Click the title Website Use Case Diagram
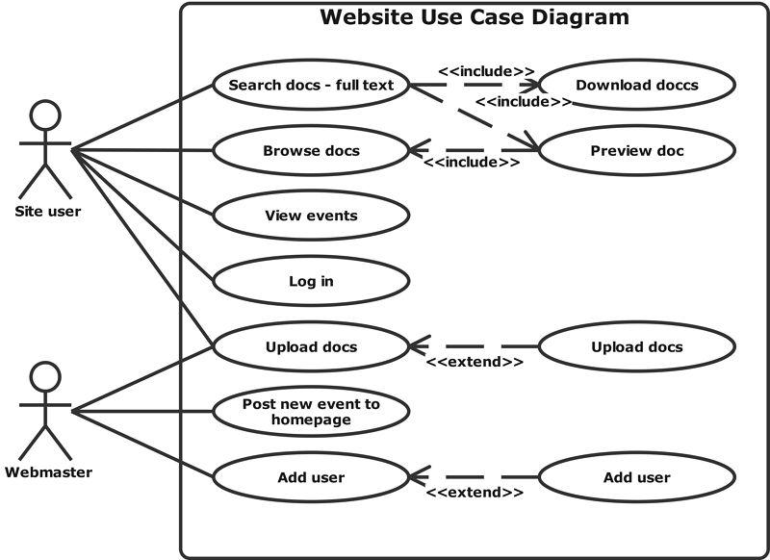[475, 17]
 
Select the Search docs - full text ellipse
[311, 85]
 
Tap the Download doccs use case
[637, 85]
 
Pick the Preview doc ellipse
[637, 150]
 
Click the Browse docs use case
[311, 150]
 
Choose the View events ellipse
[311, 216]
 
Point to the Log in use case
[311, 281]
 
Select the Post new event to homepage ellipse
[311, 412]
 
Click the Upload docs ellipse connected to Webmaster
[311, 346]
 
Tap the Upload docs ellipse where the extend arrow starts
[637, 346]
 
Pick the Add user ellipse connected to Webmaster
[311, 477]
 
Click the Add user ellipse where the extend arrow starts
[637, 477]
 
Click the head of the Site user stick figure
[45, 115]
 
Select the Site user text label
[48, 211]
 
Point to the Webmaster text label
[48, 471]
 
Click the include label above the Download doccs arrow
[486, 70]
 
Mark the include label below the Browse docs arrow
[472, 163]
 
